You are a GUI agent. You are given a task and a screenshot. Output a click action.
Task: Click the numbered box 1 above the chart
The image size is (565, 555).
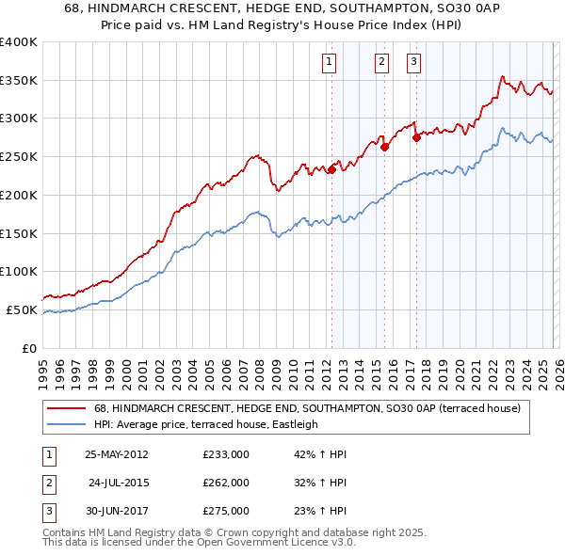click(330, 63)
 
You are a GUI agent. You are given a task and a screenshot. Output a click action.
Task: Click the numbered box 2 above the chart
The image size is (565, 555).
click(381, 63)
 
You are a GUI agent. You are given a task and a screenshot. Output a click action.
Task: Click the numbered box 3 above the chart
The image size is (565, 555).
click(414, 63)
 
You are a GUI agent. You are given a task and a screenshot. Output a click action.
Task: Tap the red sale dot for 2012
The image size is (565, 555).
click(331, 169)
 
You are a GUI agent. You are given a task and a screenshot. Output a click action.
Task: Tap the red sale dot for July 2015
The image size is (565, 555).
click(384, 147)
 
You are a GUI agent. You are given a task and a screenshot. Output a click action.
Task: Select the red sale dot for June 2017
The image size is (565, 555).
click(416, 136)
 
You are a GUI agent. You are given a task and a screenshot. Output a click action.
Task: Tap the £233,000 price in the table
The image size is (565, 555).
click(226, 454)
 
